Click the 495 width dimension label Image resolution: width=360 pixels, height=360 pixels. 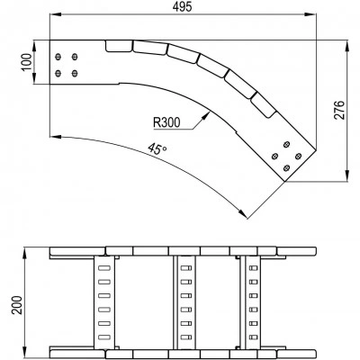coord(182,6)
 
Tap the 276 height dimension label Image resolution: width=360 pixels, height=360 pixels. coord(339,111)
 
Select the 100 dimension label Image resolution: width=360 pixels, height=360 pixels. coord(26,62)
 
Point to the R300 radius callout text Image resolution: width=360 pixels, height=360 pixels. coord(166,122)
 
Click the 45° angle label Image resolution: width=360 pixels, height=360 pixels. coord(157,149)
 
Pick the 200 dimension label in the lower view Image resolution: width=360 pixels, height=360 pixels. coord(17,305)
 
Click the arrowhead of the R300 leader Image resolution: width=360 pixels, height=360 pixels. coord(206,114)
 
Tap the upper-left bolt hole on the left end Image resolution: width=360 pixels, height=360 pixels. coord(58,57)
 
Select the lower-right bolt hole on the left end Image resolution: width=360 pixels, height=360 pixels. coord(75,73)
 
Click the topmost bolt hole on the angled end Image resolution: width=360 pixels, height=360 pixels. coord(287,145)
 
